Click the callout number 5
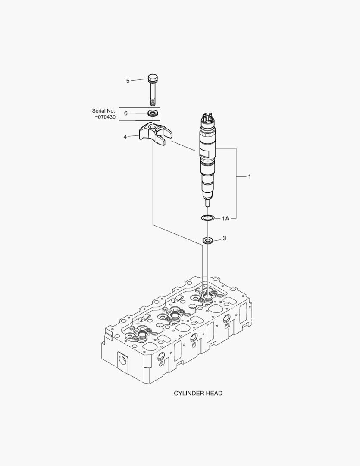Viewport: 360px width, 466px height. [x=128, y=81]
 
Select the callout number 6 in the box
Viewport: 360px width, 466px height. [x=126, y=113]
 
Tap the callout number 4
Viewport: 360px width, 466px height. [x=125, y=137]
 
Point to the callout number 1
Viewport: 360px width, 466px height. [x=249, y=176]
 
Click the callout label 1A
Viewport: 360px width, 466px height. [x=225, y=219]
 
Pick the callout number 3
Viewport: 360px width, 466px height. [x=224, y=238]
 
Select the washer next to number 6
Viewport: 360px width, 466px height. [x=152, y=113]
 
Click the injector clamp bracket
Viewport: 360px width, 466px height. [x=153, y=132]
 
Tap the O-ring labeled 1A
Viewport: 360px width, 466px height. [x=207, y=218]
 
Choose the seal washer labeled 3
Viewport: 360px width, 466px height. [x=209, y=239]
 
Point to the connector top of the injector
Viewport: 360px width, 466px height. [x=207, y=118]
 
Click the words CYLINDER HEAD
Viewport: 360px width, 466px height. [x=198, y=393]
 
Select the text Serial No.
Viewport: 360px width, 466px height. [x=103, y=111]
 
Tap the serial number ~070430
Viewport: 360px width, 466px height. [x=105, y=117]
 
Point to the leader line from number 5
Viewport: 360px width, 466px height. [x=139, y=79]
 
